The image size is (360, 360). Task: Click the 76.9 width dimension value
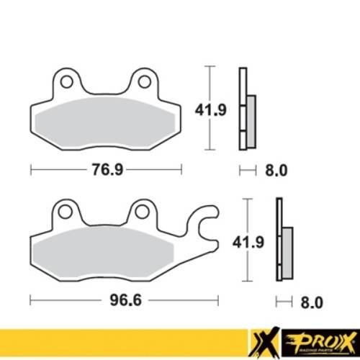(106, 171)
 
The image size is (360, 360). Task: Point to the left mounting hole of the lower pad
(66, 211)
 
